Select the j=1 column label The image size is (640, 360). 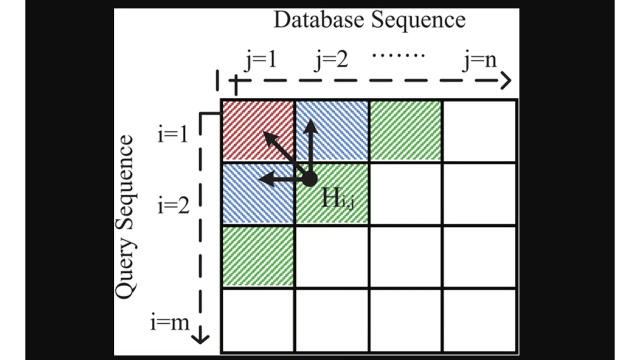(260, 60)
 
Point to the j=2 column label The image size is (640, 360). (331, 60)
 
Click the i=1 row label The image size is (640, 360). (173, 134)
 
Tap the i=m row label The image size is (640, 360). (169, 322)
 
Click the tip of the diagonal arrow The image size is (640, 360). (265, 133)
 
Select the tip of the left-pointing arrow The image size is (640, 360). (260, 179)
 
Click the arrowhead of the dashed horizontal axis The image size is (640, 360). (507, 80)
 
